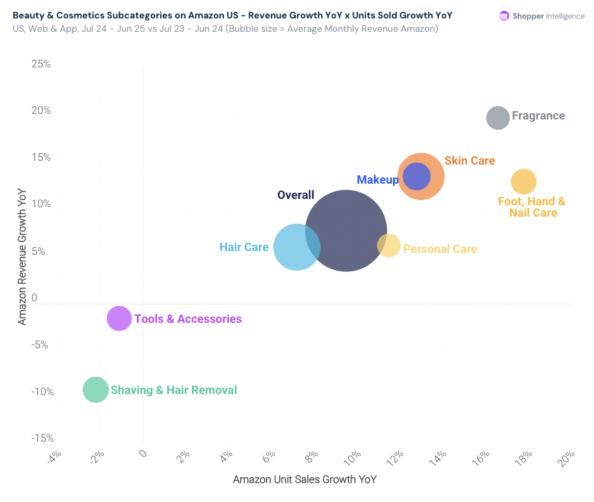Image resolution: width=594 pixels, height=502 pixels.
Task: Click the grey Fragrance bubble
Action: [x=498, y=118]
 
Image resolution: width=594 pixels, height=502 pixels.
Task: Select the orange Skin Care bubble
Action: [x=433, y=186]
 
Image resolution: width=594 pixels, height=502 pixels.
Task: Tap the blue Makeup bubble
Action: [x=417, y=177]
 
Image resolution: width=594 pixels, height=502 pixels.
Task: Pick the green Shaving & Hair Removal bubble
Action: [x=95, y=390]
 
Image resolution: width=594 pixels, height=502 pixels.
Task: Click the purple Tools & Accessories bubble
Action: [x=119, y=318]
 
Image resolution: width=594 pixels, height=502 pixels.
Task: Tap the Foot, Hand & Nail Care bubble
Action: [x=523, y=182]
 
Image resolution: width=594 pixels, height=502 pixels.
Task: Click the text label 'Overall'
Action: [x=296, y=195]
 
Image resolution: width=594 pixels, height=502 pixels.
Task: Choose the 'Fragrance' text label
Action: [x=538, y=116]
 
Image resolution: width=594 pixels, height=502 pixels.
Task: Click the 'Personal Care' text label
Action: [x=440, y=249]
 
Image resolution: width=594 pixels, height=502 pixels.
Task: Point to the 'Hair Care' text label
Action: [x=244, y=247]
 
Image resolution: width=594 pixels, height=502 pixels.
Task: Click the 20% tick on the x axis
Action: [x=565, y=458]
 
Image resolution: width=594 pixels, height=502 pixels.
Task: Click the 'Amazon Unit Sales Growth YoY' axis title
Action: [x=305, y=480]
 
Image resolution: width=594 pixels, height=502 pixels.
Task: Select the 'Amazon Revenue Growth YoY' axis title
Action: [x=22, y=257]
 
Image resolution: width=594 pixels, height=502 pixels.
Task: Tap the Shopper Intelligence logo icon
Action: [x=504, y=16]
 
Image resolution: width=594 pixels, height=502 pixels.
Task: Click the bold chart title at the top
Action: [x=233, y=15]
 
